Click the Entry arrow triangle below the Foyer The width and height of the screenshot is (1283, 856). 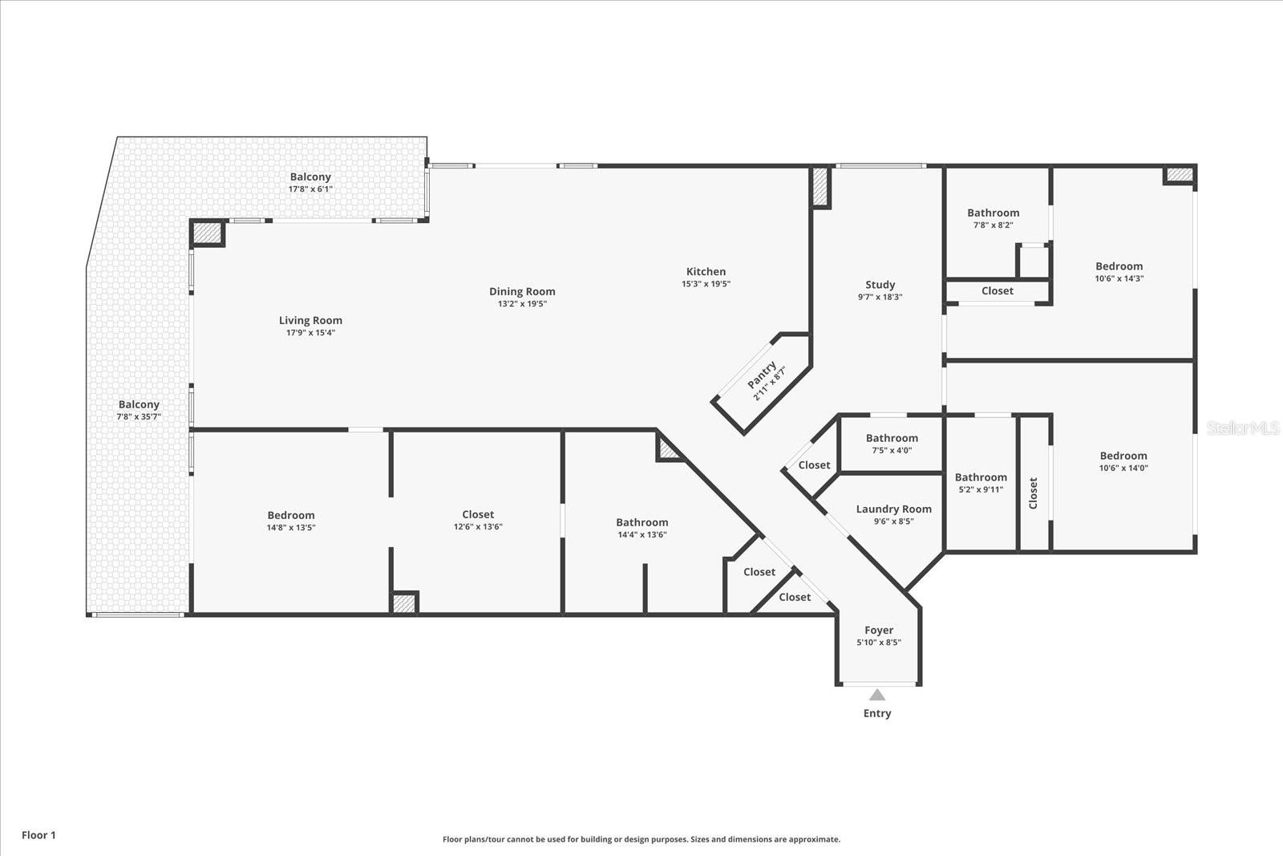pyautogui.click(x=877, y=695)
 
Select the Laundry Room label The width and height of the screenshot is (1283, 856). pyautogui.click(x=893, y=509)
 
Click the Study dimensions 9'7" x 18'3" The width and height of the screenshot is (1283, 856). pyautogui.click(x=880, y=297)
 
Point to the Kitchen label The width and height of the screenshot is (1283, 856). pyautogui.click(x=706, y=271)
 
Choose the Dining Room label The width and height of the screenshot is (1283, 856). pyautogui.click(x=522, y=291)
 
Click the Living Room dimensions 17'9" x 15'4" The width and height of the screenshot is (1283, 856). pyautogui.click(x=310, y=332)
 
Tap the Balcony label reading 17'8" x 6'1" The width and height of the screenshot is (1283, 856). pyautogui.click(x=310, y=176)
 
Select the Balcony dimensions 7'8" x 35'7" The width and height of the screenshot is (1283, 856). pyautogui.click(x=139, y=417)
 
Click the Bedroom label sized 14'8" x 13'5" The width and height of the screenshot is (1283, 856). pyautogui.click(x=291, y=515)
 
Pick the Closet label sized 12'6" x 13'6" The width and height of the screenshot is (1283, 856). pyautogui.click(x=478, y=514)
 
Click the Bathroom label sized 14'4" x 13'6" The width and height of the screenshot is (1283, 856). pyautogui.click(x=641, y=522)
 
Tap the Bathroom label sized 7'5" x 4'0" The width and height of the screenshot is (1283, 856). pyautogui.click(x=892, y=438)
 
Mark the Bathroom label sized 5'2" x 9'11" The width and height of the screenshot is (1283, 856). pyautogui.click(x=981, y=477)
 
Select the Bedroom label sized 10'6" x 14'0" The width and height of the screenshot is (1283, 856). pyautogui.click(x=1123, y=456)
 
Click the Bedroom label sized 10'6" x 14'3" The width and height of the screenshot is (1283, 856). pyautogui.click(x=1119, y=266)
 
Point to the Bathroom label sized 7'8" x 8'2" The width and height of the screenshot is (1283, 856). pyautogui.click(x=993, y=213)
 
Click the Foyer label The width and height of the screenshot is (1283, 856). pyautogui.click(x=879, y=631)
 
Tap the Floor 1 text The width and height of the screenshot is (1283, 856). pyautogui.click(x=38, y=835)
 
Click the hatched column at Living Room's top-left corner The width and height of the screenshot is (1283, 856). pyautogui.click(x=207, y=233)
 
